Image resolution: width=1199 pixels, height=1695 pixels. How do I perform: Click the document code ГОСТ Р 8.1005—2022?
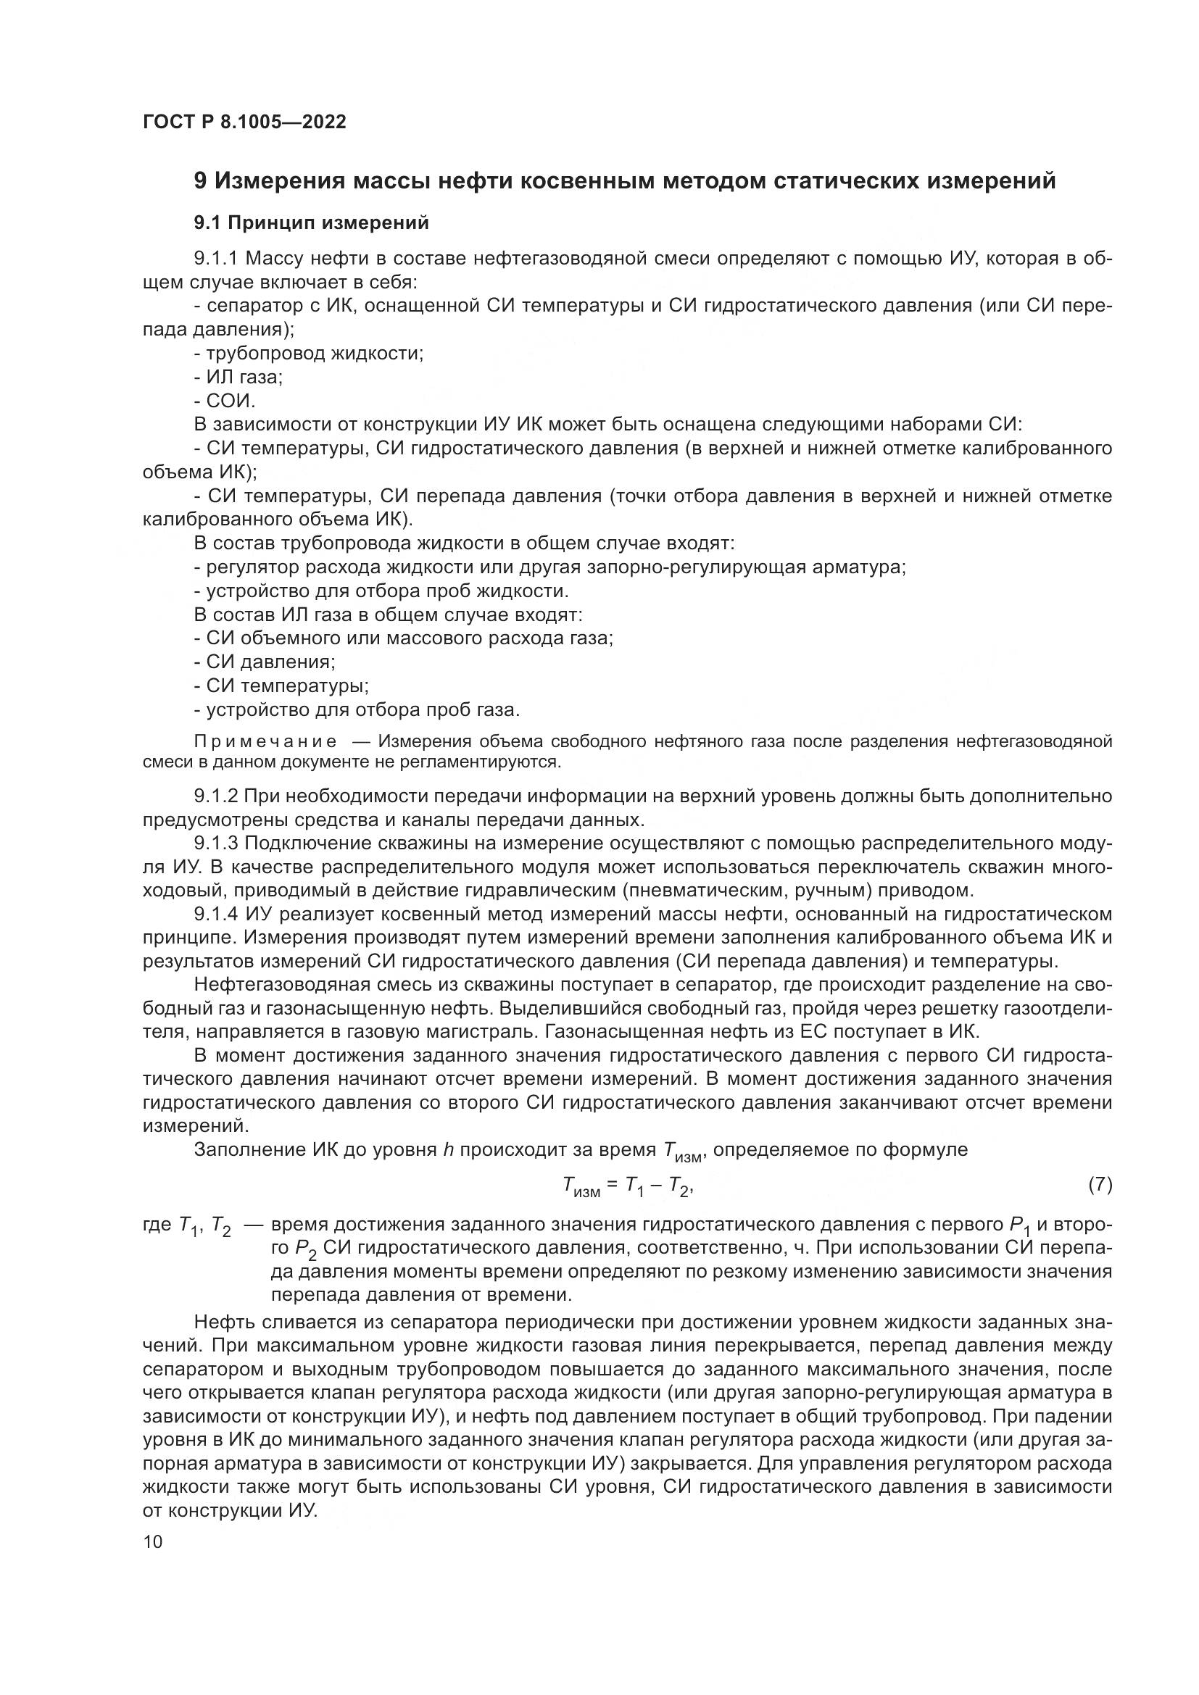click(244, 122)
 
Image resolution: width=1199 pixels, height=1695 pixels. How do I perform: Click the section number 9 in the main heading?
click(200, 181)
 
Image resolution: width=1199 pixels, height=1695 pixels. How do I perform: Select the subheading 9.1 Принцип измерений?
click(311, 222)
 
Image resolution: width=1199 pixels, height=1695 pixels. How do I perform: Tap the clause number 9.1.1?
click(216, 259)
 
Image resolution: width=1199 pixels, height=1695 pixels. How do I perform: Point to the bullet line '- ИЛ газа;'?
click(238, 378)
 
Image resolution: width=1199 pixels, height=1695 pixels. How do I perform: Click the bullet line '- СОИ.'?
click(225, 401)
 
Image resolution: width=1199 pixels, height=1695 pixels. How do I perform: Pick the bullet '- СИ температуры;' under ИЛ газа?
click(281, 686)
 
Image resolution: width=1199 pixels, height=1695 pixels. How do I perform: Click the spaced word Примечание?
click(266, 742)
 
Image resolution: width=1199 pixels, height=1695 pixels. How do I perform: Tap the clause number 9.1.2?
click(216, 796)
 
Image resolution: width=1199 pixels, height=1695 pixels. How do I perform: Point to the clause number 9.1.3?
click(216, 843)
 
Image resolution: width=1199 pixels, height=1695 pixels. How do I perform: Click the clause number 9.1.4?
click(216, 915)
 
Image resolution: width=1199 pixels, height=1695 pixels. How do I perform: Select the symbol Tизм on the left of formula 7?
click(581, 1188)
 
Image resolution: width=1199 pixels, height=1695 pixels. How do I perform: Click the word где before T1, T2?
click(157, 1225)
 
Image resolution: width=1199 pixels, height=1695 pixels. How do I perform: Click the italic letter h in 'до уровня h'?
click(447, 1149)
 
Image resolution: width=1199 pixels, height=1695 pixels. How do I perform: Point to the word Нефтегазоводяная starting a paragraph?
click(280, 985)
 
